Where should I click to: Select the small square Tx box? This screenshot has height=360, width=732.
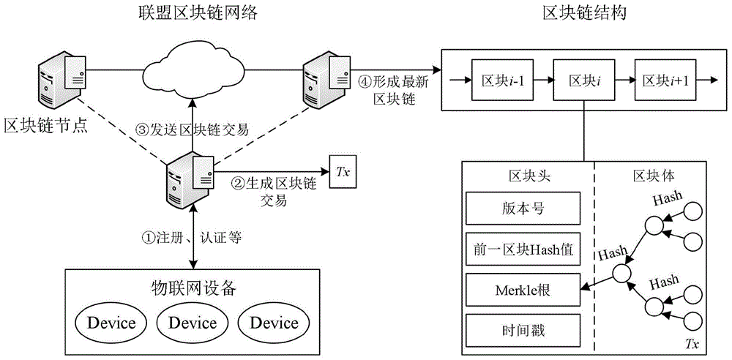[x=342, y=173]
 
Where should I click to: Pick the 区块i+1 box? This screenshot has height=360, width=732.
[x=665, y=80]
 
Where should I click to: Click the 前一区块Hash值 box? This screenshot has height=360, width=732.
[x=523, y=249]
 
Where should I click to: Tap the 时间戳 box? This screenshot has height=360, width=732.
[x=523, y=330]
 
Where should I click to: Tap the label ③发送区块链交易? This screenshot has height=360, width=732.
[x=194, y=130]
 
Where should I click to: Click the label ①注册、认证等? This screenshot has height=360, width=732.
[x=191, y=237]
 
